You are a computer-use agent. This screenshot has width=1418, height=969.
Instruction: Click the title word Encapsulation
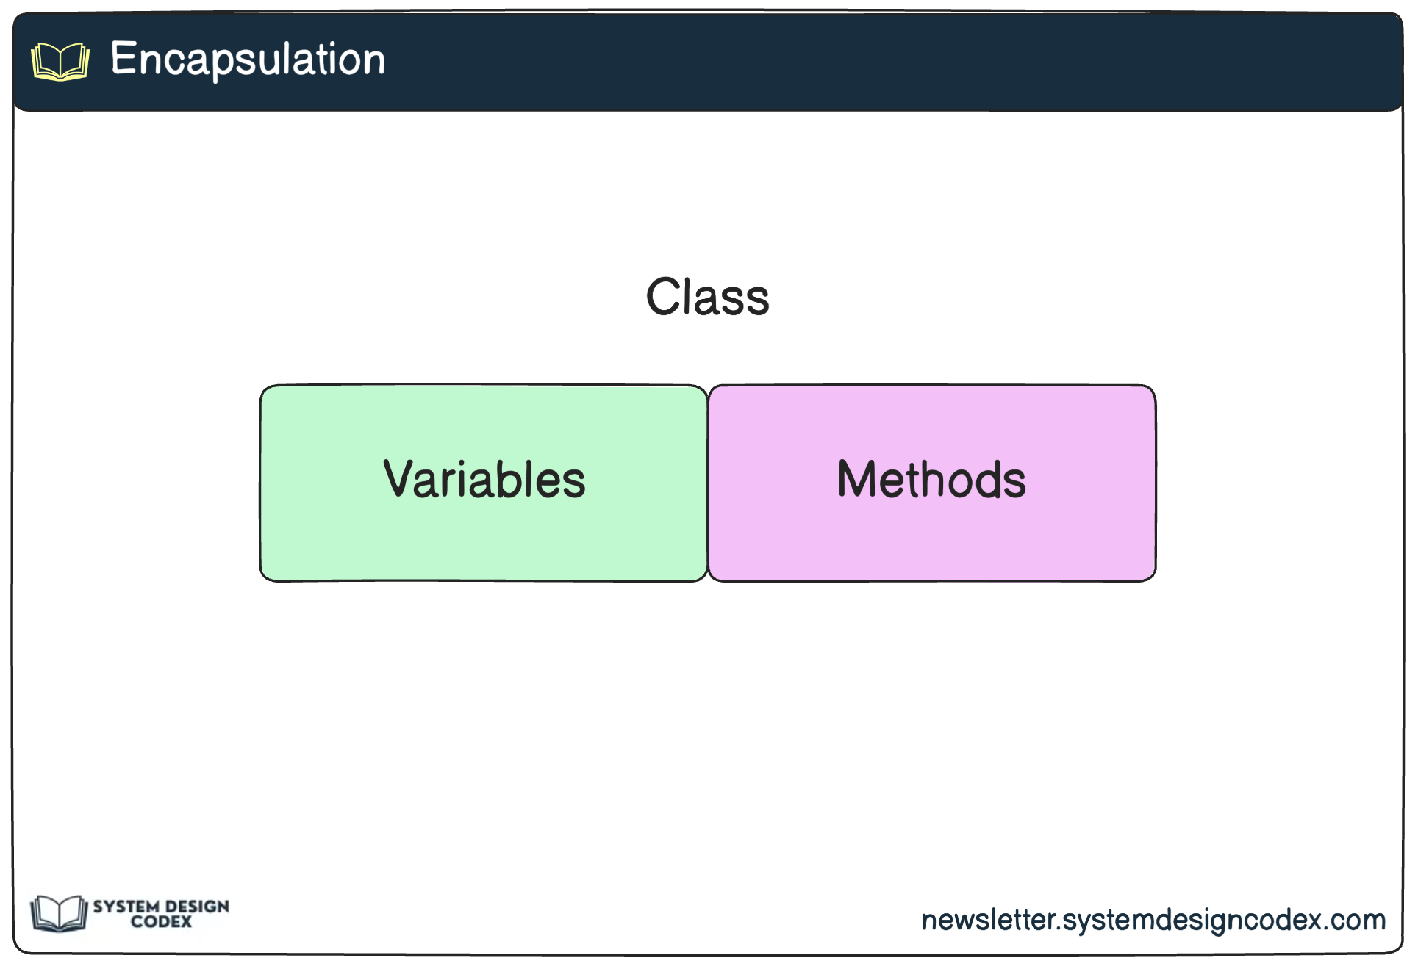pos(248,59)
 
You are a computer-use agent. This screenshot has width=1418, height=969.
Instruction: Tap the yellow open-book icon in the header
pos(60,61)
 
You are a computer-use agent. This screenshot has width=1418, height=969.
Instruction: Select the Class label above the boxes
pos(707,297)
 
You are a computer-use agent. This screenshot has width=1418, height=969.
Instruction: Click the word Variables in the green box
pos(484,480)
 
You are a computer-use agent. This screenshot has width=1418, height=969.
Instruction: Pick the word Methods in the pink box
pos(931,480)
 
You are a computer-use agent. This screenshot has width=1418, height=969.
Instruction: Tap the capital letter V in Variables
pos(399,478)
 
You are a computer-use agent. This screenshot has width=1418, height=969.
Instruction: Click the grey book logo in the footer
pos(58,913)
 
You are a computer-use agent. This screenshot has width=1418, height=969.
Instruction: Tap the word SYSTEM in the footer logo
pos(126,907)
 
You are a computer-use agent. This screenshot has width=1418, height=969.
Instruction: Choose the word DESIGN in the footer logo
pos(197,907)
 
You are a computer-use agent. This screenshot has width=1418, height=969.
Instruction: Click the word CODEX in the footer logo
pos(161,922)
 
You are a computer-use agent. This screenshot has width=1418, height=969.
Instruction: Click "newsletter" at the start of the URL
pos(988,920)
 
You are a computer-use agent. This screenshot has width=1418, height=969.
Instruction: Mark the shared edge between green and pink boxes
pos(708,483)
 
